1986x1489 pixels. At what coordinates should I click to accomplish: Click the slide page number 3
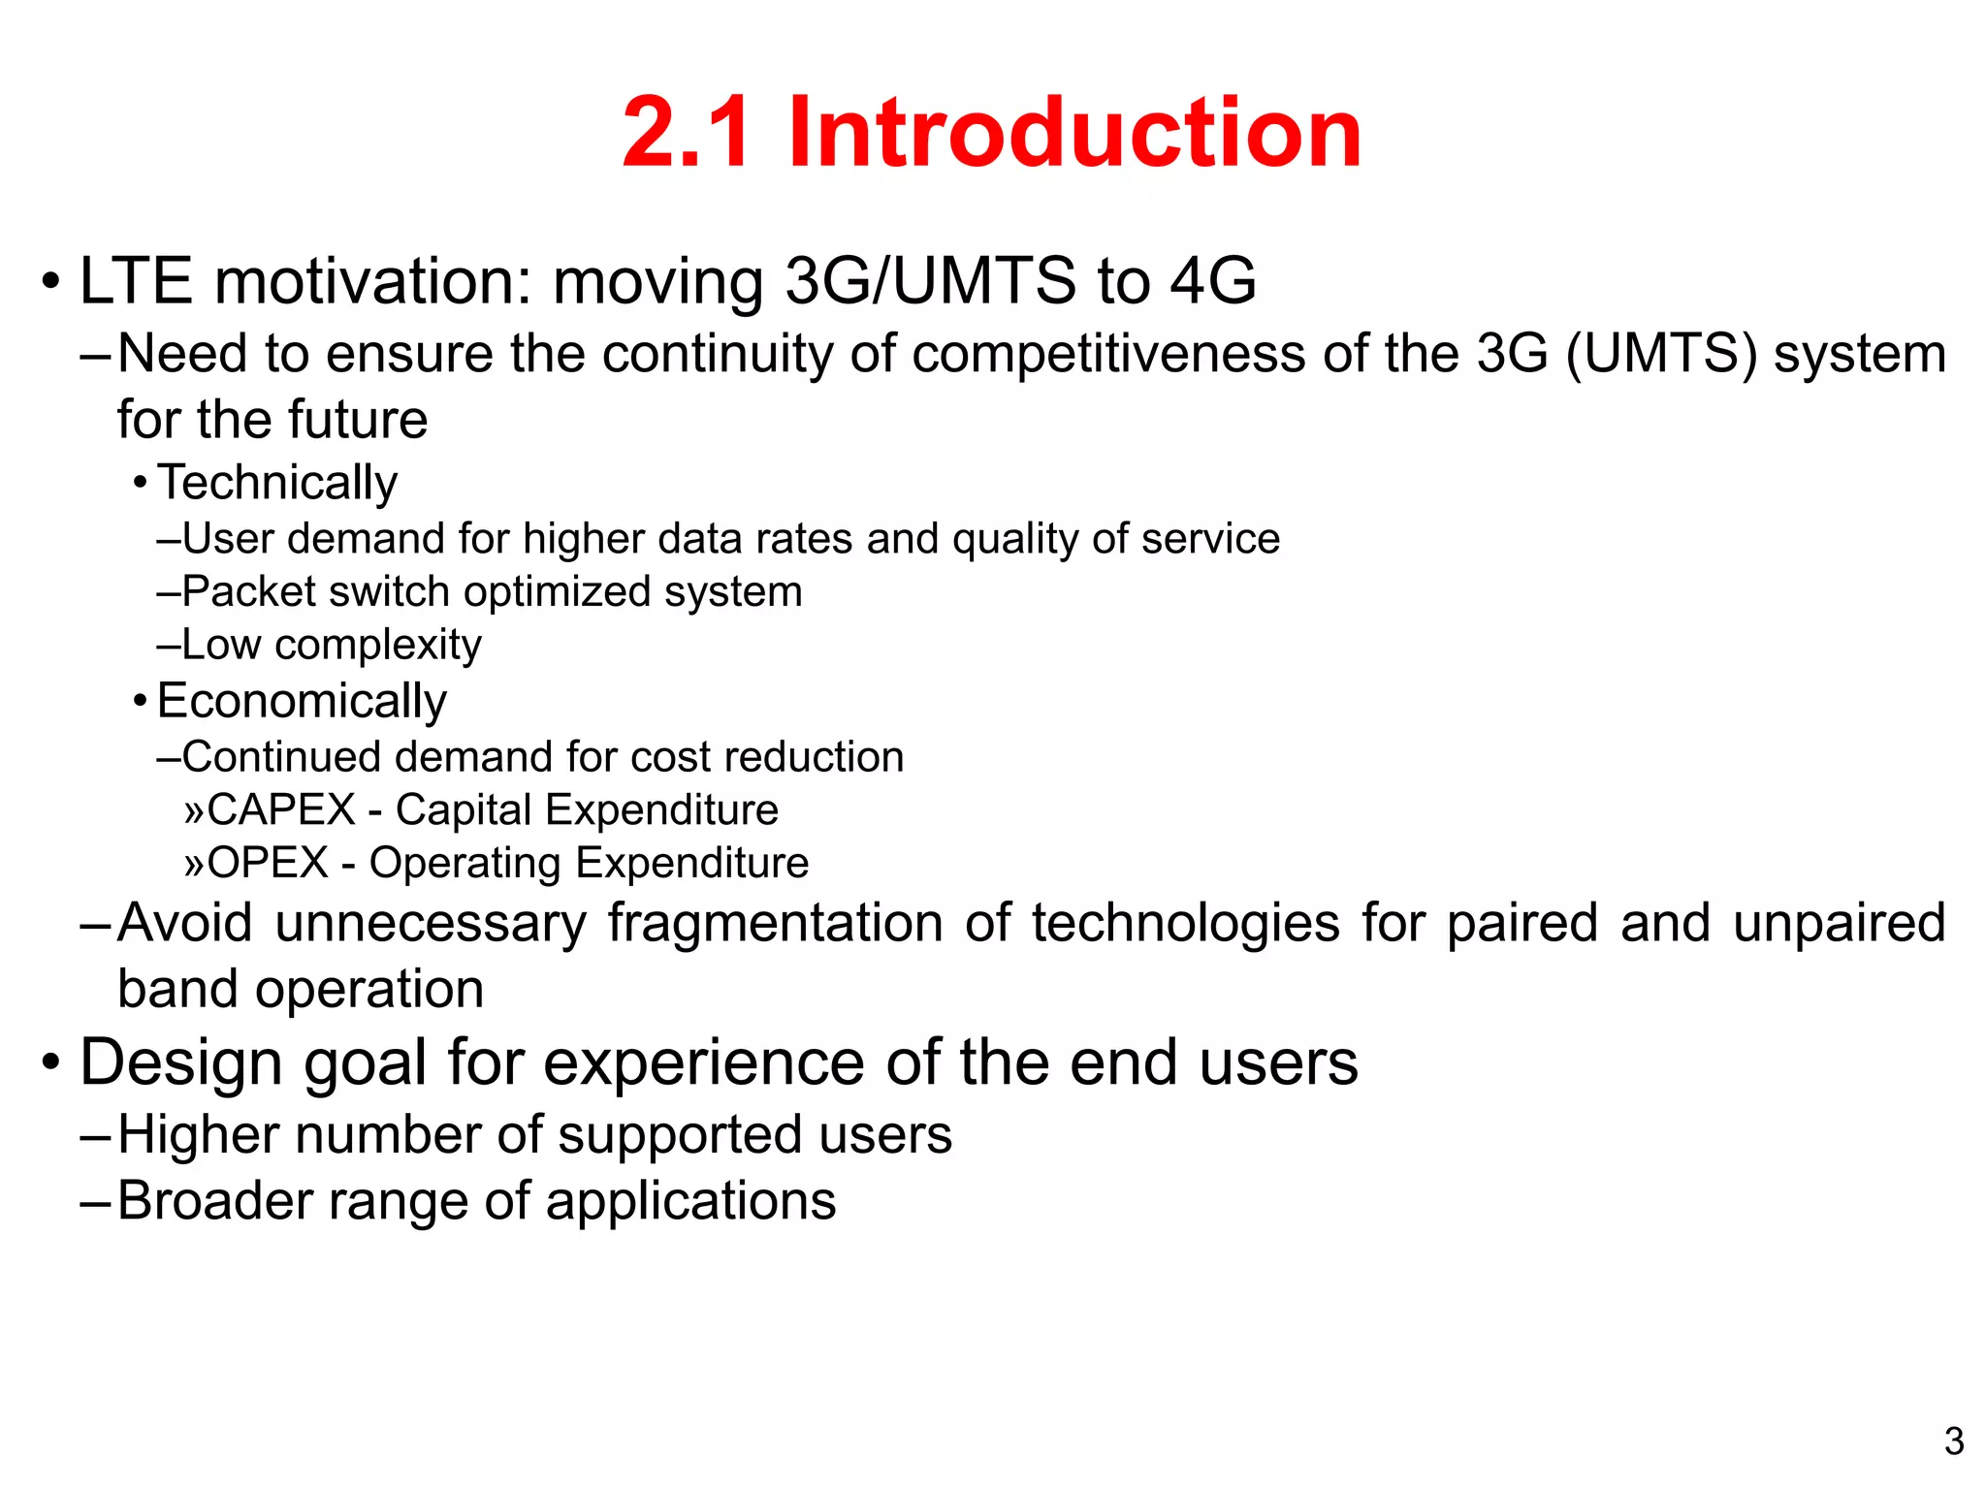point(1954,1441)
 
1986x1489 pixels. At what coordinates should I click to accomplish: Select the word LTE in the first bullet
point(136,281)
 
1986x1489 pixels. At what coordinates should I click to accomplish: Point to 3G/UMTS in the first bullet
point(929,281)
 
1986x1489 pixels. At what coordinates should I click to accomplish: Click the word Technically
point(277,483)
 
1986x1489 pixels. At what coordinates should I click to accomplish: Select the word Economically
point(302,701)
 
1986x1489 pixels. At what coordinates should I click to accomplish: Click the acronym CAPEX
point(281,809)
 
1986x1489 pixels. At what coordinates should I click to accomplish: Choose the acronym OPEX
point(268,863)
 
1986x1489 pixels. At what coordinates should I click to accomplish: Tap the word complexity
point(378,645)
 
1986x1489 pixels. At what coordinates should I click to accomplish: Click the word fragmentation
point(776,923)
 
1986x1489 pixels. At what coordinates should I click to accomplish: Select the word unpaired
point(1839,923)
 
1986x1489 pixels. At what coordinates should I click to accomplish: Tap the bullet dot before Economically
point(141,700)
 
